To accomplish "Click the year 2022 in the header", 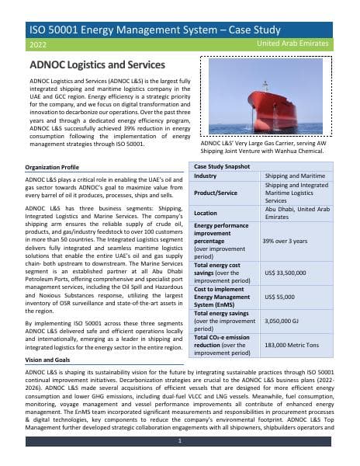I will pos(37,46).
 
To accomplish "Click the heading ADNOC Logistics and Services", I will pos(96,64).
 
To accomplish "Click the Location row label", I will pos(206,213).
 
